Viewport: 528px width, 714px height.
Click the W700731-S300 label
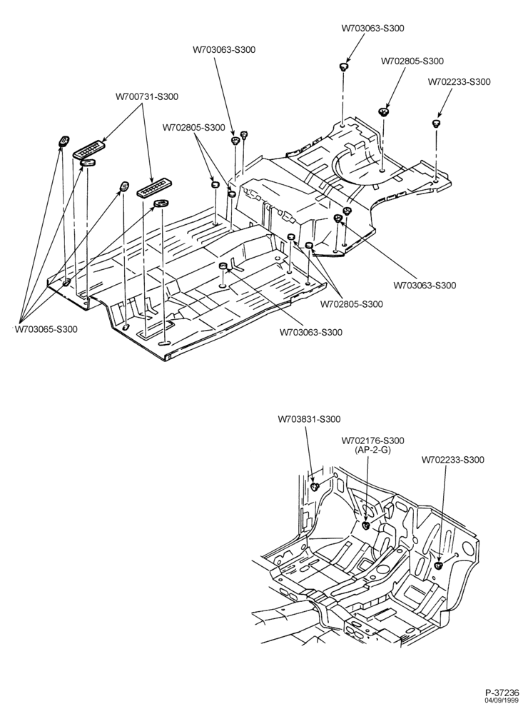click(146, 96)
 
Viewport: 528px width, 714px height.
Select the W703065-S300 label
click(46, 329)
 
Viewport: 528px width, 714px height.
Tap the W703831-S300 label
click(309, 419)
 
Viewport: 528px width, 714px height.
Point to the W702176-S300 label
click(372, 441)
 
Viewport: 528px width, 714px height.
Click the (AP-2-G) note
click(372, 449)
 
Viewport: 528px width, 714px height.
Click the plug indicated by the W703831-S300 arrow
click(315, 488)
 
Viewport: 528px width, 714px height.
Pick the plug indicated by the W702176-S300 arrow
click(366, 526)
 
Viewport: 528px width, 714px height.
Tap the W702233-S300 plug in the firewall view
click(440, 566)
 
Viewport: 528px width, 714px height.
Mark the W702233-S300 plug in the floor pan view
click(435, 123)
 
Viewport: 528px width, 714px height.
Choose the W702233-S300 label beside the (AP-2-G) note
click(453, 460)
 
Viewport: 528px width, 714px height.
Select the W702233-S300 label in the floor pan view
click(460, 82)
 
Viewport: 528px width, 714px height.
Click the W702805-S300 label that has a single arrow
click(412, 61)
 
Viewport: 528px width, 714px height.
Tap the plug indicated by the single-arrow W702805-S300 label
click(384, 112)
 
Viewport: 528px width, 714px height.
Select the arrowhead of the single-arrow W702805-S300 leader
click(387, 106)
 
